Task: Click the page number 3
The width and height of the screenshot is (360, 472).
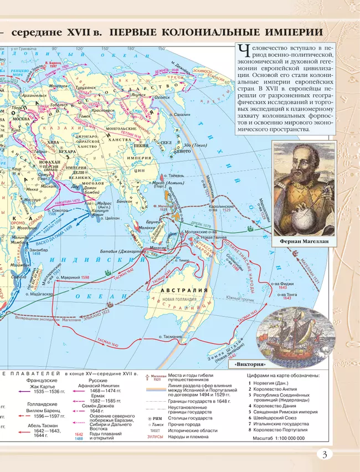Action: tap(325, 455)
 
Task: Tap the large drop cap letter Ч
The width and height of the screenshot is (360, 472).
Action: tap(242, 52)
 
